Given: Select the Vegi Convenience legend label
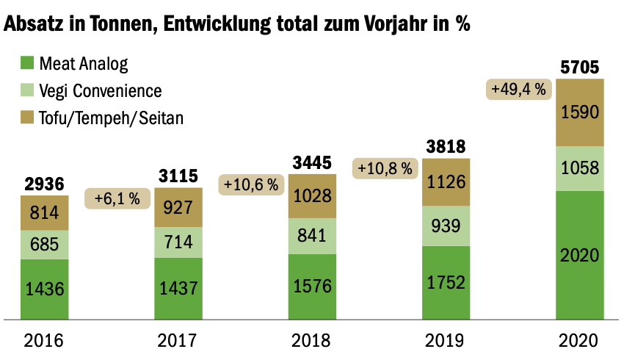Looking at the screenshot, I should (101, 91).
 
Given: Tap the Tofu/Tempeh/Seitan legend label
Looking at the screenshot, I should (111, 118).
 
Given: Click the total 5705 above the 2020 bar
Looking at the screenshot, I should (580, 68).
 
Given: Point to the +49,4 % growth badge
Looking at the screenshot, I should (518, 90).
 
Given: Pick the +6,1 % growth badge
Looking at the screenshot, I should (118, 198).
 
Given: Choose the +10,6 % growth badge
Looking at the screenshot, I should (251, 185).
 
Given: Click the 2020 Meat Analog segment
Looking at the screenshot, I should (580, 255).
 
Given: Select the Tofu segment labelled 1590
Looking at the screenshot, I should (580, 112).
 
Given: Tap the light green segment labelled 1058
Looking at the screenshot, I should (580, 169).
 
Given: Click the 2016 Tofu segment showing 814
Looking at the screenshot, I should (45, 213).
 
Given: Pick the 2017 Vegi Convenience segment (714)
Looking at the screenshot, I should (178, 242).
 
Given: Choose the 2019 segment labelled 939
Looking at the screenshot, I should (445, 226).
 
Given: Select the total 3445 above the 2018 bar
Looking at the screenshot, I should (312, 162).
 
